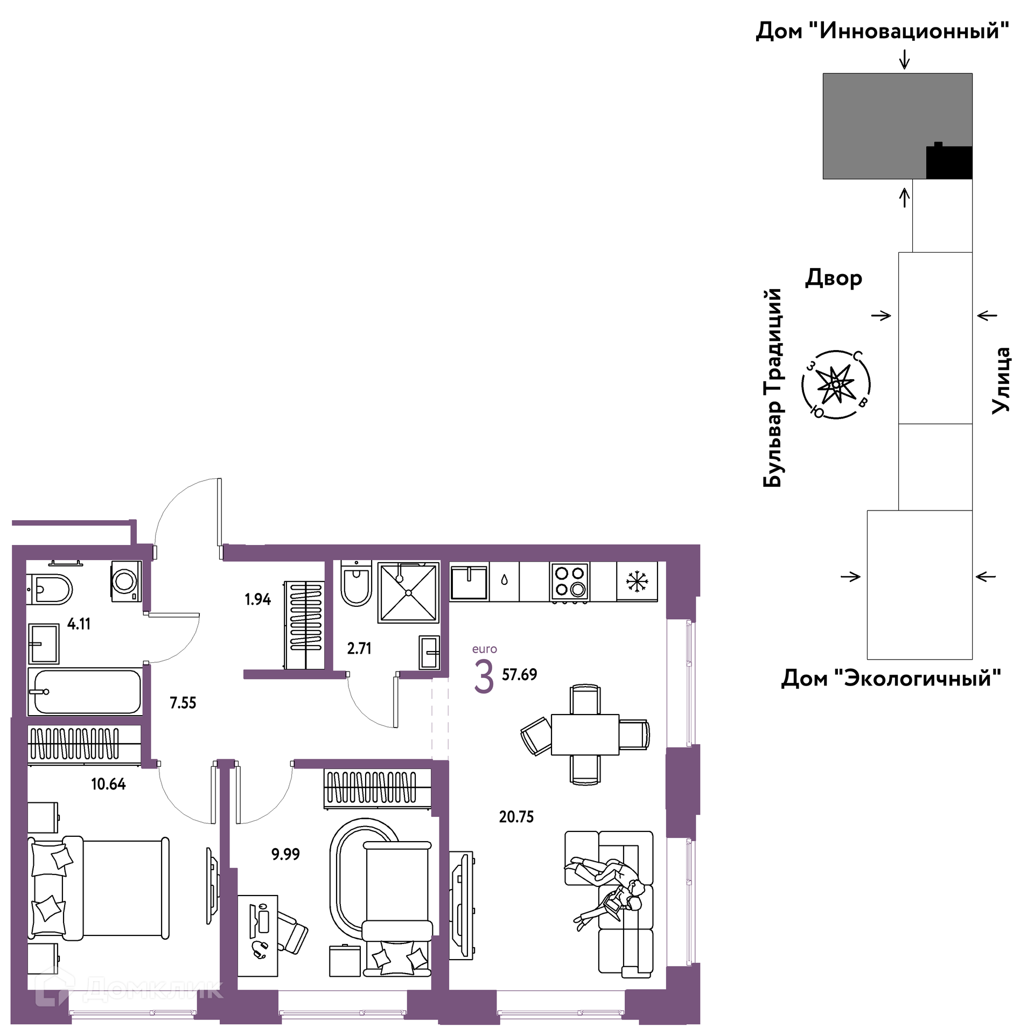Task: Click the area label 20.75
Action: (516, 817)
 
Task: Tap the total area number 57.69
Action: (519, 674)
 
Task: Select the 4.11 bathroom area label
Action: (79, 624)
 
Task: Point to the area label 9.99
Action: (285, 854)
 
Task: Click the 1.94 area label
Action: (257, 599)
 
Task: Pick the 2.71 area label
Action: (359, 648)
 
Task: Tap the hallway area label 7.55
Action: (183, 703)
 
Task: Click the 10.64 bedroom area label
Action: (108, 784)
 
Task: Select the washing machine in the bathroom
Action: (127, 582)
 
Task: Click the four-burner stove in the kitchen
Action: (570, 581)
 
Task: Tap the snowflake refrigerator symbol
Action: (637, 581)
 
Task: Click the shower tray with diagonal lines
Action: (409, 592)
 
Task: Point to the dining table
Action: (585, 735)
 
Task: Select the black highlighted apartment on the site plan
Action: (949, 162)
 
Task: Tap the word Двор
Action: (834, 278)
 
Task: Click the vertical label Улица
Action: (1001, 380)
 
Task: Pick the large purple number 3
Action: (484, 678)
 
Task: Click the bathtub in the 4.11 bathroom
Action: (85, 692)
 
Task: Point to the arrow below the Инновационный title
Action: (905, 59)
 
